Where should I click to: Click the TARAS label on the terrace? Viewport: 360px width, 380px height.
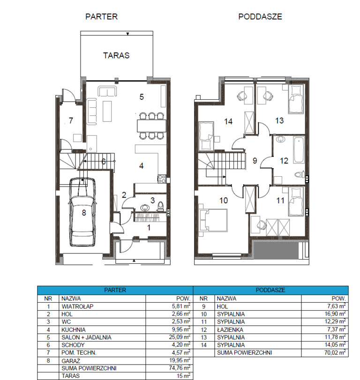[116, 55]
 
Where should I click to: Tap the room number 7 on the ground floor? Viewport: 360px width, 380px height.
[71, 120]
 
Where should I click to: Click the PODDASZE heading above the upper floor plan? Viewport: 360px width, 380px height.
[260, 17]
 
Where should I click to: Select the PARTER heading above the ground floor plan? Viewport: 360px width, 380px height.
[101, 17]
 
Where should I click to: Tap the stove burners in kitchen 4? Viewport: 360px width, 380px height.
[161, 178]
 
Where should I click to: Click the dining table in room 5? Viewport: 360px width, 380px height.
[151, 126]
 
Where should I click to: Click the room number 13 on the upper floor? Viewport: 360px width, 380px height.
[279, 120]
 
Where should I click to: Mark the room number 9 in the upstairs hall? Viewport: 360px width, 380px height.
[255, 161]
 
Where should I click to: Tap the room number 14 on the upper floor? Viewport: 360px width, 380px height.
[228, 121]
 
